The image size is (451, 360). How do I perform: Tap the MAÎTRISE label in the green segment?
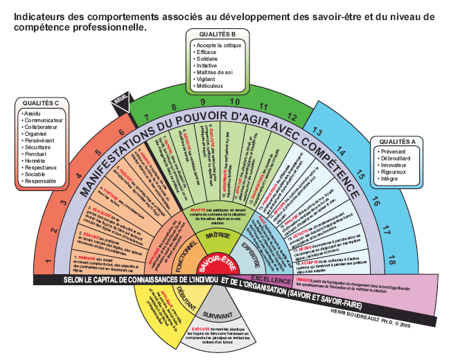(x=218, y=235)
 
